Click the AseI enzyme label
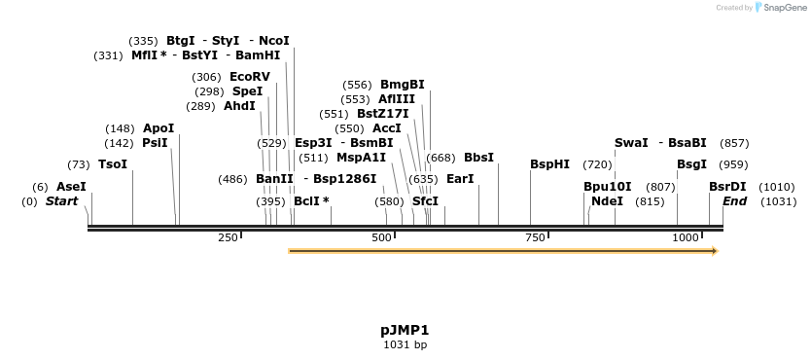(71, 186)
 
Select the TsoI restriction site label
(113, 164)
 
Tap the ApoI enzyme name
(159, 128)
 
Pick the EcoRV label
(250, 77)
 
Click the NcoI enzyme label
(274, 41)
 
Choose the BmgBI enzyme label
(402, 85)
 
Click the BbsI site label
(478, 158)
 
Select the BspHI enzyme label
(549, 164)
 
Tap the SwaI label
(631, 143)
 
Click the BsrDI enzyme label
(727, 187)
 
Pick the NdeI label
(607, 201)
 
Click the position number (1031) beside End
(778, 201)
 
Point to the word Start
(61, 201)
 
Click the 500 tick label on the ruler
(381, 237)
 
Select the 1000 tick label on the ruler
(687, 237)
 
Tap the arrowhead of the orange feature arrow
(715, 251)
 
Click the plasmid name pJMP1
(405, 330)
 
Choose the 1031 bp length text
(405, 344)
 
